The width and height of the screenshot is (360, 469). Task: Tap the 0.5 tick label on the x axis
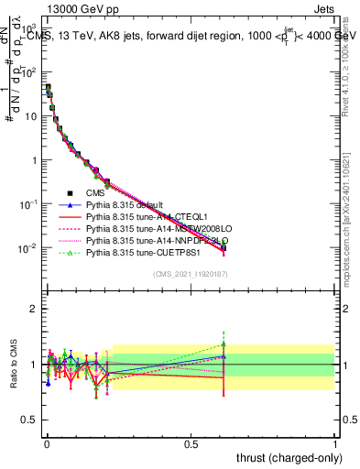click(x=191, y=442)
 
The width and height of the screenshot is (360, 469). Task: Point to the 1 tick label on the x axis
click(x=335, y=442)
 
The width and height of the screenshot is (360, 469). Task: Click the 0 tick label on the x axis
click(x=47, y=442)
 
